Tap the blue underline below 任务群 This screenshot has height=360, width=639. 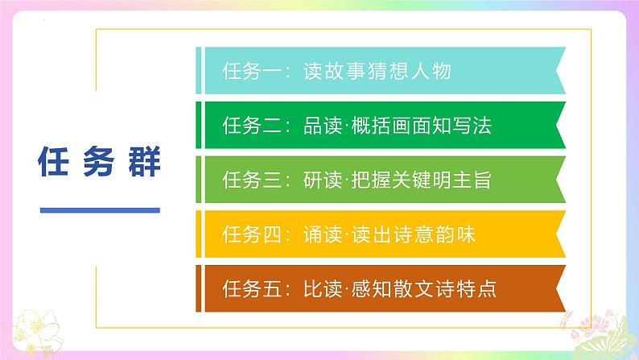(x=100, y=211)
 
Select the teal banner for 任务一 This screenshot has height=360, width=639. (x=378, y=71)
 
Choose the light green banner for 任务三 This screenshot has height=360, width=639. (x=378, y=180)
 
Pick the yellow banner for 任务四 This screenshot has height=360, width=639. (x=378, y=234)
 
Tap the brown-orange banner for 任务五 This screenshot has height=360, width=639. (x=378, y=288)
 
